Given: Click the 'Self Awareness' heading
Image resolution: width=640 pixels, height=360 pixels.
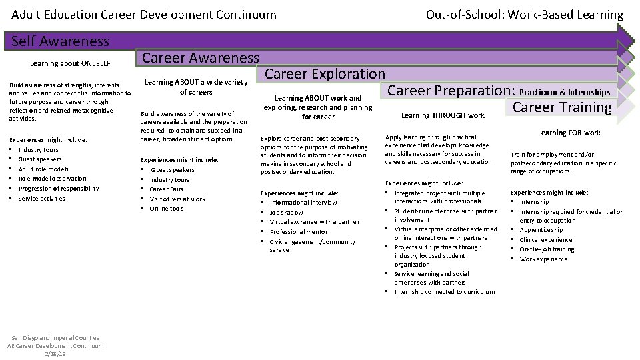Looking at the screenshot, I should (x=61, y=41).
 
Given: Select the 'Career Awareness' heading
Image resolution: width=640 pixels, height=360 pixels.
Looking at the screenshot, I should (x=201, y=58).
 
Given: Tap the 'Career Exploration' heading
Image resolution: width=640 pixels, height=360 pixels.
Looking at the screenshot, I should (x=325, y=74).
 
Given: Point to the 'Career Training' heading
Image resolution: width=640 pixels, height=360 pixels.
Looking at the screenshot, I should (x=561, y=107).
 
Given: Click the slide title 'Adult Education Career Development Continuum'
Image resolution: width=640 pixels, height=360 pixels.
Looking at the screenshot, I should (x=144, y=14).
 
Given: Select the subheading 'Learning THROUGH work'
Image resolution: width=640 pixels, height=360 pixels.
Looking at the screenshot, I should (x=443, y=115).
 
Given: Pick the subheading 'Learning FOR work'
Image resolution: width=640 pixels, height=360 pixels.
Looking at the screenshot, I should (x=569, y=133).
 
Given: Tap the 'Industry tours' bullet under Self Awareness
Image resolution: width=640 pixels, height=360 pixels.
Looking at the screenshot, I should (x=38, y=149).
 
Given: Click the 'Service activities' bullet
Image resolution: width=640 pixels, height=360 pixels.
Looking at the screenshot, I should (x=42, y=198).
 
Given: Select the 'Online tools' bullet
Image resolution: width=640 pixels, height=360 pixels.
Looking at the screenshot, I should (x=167, y=209).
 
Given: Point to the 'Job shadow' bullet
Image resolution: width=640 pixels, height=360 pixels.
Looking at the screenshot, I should (x=286, y=212).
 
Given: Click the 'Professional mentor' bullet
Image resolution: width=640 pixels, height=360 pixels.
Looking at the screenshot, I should (x=298, y=231).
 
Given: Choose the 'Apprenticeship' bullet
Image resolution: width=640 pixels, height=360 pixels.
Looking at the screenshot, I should (x=541, y=230).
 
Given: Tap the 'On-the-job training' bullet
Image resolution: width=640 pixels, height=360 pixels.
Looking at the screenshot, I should (x=547, y=249).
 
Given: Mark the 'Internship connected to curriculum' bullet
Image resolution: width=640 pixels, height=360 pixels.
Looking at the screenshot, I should (x=445, y=291).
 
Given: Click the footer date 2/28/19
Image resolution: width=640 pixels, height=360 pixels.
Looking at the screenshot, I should (x=56, y=353).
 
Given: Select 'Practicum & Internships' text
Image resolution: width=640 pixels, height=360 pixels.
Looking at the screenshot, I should (x=565, y=92).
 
